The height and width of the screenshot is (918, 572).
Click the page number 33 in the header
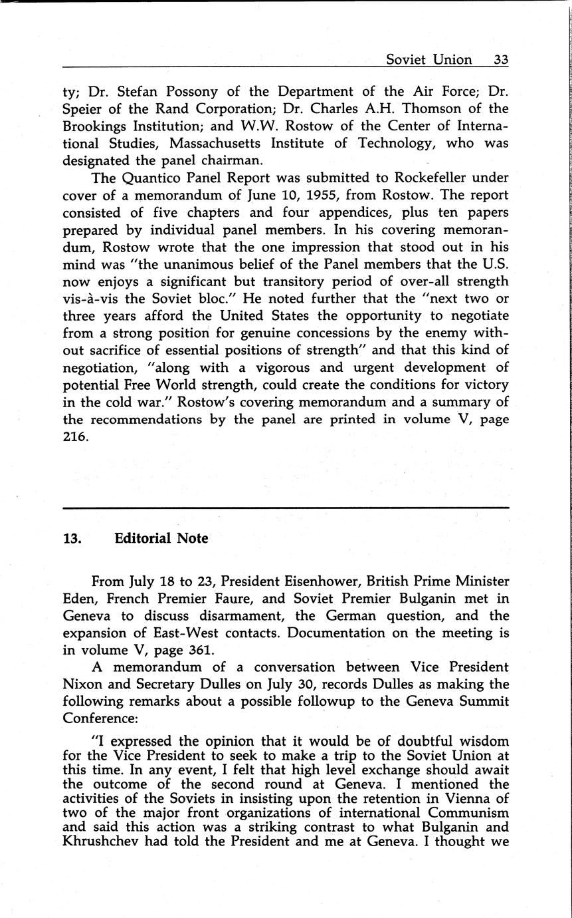point(501,59)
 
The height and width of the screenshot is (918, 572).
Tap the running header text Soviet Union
point(429,59)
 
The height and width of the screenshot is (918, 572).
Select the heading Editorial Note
point(161,538)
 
